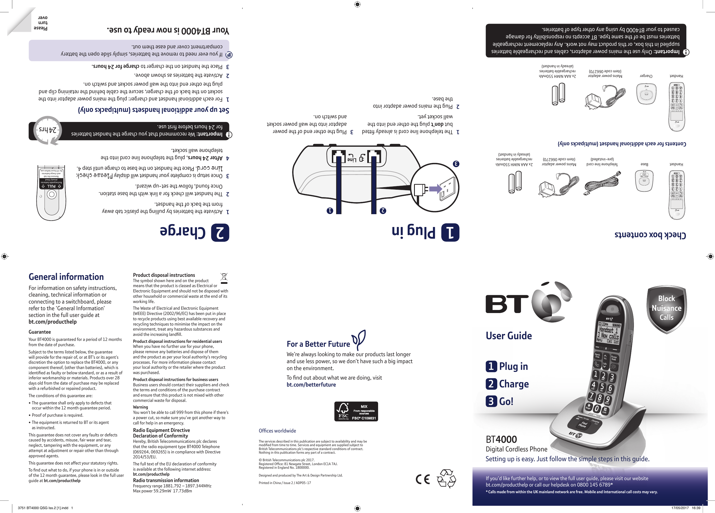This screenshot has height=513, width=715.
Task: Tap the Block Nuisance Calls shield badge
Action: tap(667, 308)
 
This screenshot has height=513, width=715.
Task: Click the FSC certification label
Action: tap(356, 411)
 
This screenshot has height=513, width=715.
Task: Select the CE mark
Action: tap(423, 479)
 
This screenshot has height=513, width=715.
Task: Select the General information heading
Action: tap(66, 277)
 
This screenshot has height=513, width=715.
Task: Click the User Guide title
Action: tap(508, 336)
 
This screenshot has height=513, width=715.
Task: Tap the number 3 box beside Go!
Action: tap(491, 401)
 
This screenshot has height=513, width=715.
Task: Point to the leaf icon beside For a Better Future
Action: tap(359, 339)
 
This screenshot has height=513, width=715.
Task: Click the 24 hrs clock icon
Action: tap(48, 130)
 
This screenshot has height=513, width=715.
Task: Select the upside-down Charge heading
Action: tap(183, 231)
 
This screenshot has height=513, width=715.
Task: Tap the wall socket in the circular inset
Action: tap(448, 188)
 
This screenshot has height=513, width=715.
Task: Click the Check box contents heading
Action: tap(650, 235)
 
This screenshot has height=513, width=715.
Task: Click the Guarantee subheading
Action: tap(40, 332)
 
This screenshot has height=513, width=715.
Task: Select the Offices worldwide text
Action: tap(277, 431)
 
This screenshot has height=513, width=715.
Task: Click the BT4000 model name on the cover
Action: tap(501, 439)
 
